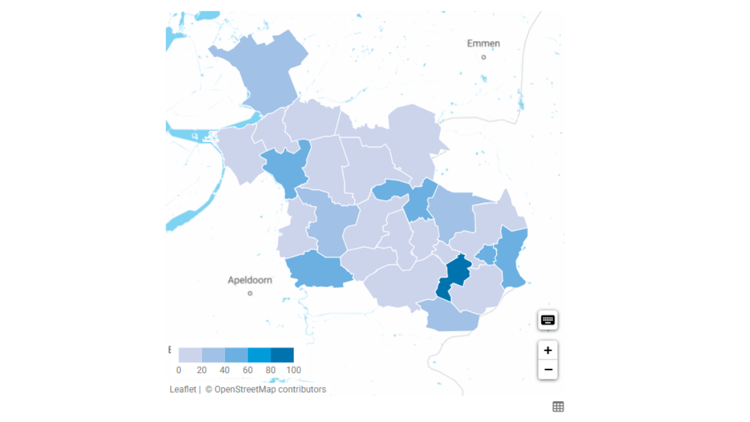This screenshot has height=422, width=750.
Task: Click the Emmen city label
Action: tap(484, 44)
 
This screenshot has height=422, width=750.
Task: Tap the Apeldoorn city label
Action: tap(250, 280)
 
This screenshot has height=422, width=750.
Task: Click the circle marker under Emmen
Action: tap(484, 57)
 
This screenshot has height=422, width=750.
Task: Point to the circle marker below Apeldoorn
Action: tap(250, 293)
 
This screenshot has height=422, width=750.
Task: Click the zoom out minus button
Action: tap(548, 369)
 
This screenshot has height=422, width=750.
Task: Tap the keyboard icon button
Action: tap(548, 320)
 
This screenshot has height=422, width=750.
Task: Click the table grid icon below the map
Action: tap(558, 407)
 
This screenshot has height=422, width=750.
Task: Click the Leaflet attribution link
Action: tap(182, 389)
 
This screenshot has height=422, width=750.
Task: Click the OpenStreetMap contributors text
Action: tap(270, 389)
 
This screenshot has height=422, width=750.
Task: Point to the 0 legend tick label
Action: tap(179, 370)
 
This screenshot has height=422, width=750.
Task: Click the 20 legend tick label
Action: tap(202, 370)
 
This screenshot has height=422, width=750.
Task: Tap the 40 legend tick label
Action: tap(224, 370)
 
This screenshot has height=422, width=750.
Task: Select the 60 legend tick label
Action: tap(247, 370)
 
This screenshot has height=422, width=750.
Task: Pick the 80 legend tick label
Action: tap(271, 370)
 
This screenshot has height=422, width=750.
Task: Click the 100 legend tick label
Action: tap(294, 370)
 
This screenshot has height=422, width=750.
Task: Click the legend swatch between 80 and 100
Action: tap(282, 355)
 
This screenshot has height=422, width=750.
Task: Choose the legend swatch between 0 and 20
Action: tap(190, 355)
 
